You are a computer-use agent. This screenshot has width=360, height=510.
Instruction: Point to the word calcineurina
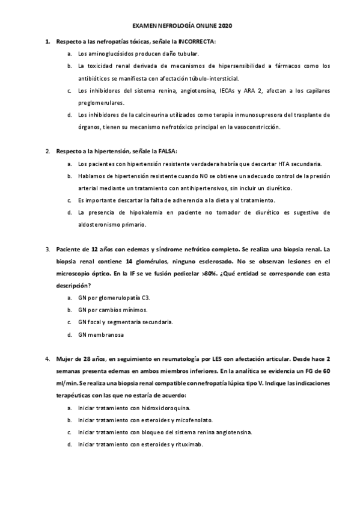[135, 114]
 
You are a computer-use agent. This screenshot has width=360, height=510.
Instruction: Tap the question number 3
[47, 249]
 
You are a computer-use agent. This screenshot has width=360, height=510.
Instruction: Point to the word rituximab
[189, 444]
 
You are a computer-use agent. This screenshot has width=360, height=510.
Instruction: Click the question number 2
[47, 152]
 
